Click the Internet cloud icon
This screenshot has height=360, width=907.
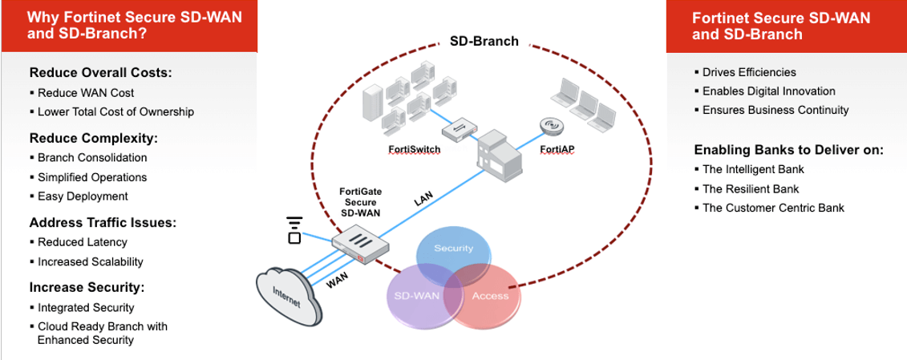point(290,296)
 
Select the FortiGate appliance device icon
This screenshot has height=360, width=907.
point(360,242)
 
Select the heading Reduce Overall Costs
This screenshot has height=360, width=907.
point(101,72)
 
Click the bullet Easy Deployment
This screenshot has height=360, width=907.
point(83,196)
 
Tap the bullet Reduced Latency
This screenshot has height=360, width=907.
point(83,241)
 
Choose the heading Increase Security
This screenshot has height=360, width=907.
point(87,287)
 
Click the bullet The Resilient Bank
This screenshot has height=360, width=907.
point(750,189)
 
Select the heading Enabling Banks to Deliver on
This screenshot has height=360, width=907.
point(788,149)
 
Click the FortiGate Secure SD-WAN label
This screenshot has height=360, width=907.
point(360,202)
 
